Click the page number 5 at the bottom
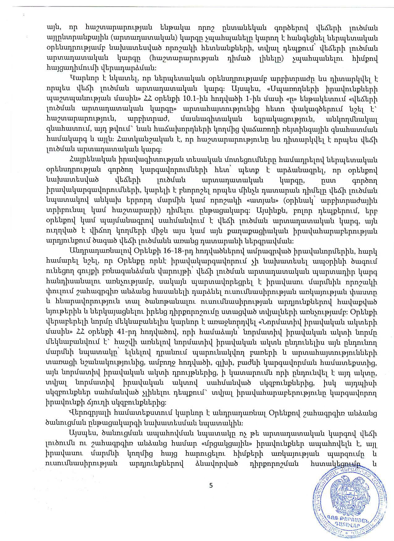(x=211, y=485)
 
